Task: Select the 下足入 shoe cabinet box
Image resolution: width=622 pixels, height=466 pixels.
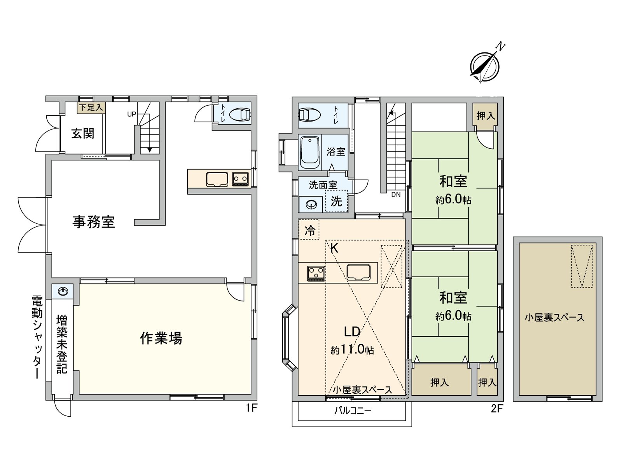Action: [91, 108]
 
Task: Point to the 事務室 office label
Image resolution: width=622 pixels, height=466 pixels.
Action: [94, 222]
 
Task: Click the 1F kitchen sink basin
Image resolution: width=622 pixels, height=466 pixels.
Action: [217, 179]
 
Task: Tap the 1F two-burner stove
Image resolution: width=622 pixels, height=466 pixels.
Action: [240, 179]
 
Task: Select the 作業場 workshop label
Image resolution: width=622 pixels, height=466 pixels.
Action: [161, 338]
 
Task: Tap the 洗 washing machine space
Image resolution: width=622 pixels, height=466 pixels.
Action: [336, 201]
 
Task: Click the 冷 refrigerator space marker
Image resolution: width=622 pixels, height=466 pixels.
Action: [309, 231]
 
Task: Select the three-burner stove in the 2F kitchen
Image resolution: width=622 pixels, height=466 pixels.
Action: [316, 273]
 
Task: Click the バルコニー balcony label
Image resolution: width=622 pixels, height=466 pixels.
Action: [353, 410]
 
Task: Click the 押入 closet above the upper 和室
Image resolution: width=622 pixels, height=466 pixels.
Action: [485, 115]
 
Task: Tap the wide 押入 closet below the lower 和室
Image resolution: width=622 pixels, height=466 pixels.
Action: [440, 383]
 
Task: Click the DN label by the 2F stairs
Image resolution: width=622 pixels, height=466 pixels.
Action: [396, 195]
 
